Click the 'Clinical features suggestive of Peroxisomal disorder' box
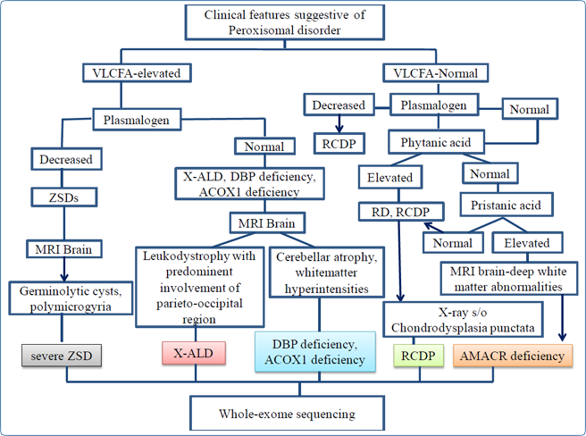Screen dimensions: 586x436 (x=285, y=22)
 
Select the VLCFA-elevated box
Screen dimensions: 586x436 (x=137, y=73)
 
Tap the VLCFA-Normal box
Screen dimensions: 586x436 (x=436, y=73)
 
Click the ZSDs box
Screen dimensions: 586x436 (x=64, y=197)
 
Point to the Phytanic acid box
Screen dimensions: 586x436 (x=436, y=142)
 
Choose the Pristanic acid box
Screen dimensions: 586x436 (x=506, y=205)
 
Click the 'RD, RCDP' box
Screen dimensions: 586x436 (x=401, y=212)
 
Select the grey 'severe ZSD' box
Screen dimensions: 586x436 (x=62, y=356)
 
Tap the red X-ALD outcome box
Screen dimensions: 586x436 (x=194, y=353)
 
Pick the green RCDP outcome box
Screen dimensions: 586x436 (x=419, y=356)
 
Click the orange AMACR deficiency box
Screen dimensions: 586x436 (x=513, y=356)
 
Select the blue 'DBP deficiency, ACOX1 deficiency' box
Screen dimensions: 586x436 (x=315, y=351)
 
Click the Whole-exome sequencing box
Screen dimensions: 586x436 (x=287, y=414)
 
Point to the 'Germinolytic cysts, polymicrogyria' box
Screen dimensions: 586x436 (x=71, y=298)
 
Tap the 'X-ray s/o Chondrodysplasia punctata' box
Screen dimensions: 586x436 (x=463, y=320)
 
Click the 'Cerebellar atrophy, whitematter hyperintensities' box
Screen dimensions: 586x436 (x=327, y=272)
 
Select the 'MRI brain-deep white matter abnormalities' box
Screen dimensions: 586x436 (x=508, y=279)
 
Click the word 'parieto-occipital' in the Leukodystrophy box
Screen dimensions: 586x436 (x=199, y=303)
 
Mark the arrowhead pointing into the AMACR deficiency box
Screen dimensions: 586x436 (x=563, y=336)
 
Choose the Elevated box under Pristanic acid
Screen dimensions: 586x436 (x=527, y=243)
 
